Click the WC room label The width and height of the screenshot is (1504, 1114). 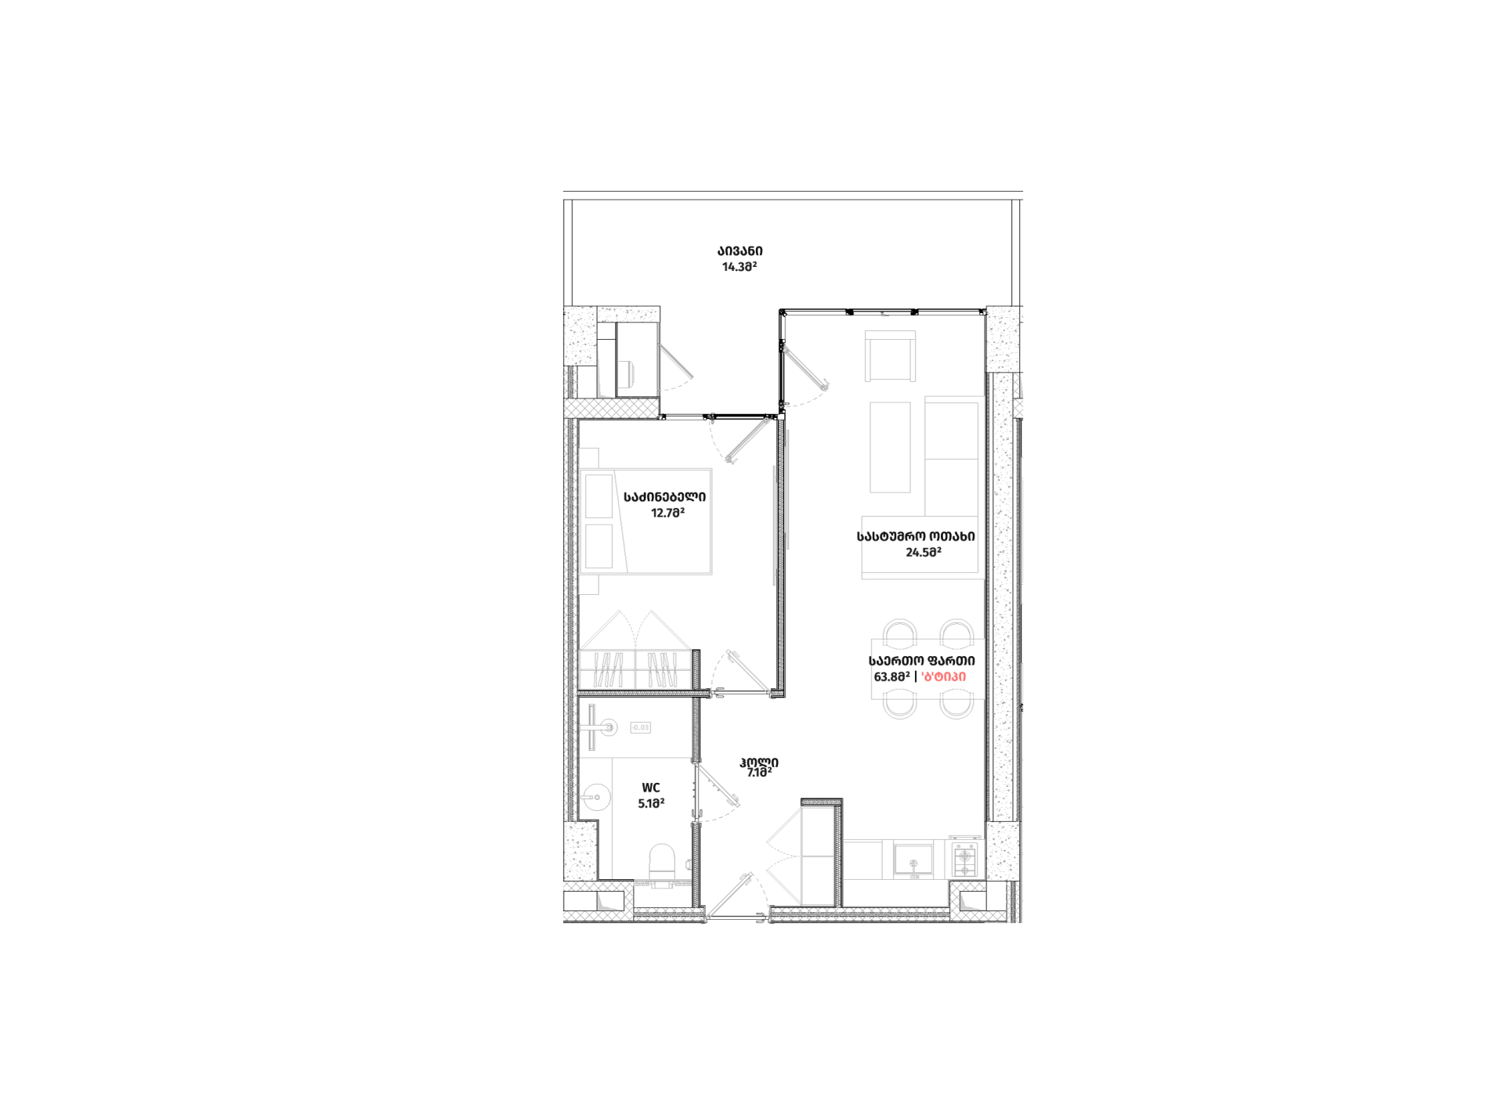click(650, 788)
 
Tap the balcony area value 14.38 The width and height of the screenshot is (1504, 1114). click(739, 266)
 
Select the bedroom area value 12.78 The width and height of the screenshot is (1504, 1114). click(667, 513)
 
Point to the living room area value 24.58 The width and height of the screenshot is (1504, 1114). click(923, 552)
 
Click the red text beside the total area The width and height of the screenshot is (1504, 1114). click(944, 676)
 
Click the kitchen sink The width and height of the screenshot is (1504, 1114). click(913, 860)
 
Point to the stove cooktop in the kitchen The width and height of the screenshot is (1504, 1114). click(965, 860)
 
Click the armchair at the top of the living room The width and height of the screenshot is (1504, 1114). click(890, 355)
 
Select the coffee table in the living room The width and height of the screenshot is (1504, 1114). click(890, 447)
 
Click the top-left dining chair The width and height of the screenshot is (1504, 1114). click(899, 631)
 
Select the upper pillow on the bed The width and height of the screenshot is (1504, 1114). click(598, 496)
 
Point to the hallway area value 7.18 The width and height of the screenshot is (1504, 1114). click(758, 773)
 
